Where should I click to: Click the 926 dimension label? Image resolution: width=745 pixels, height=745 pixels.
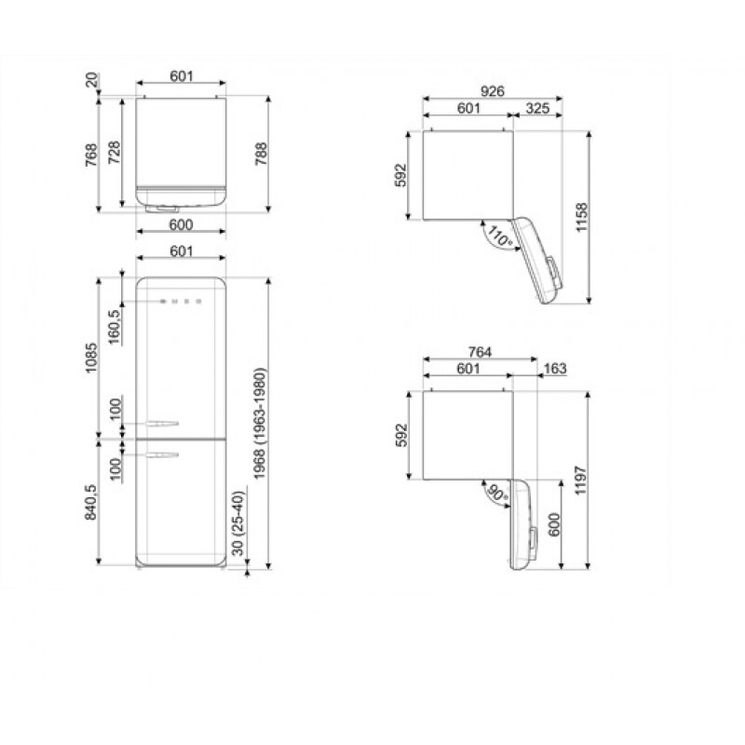click(x=492, y=90)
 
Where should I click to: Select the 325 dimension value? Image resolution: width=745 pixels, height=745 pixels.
click(x=537, y=108)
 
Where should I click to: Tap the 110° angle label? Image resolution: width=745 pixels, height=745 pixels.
click(x=499, y=237)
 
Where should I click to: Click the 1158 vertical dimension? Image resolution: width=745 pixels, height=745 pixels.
click(x=581, y=218)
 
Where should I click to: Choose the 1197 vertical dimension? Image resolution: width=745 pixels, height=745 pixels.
click(x=580, y=481)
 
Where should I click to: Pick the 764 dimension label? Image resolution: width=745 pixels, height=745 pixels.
click(x=480, y=352)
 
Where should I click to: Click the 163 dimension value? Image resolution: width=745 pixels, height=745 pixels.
click(x=555, y=368)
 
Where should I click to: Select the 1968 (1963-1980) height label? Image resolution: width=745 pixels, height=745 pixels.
click(x=260, y=424)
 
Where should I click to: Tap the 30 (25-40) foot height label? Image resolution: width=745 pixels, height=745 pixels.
click(x=238, y=523)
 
